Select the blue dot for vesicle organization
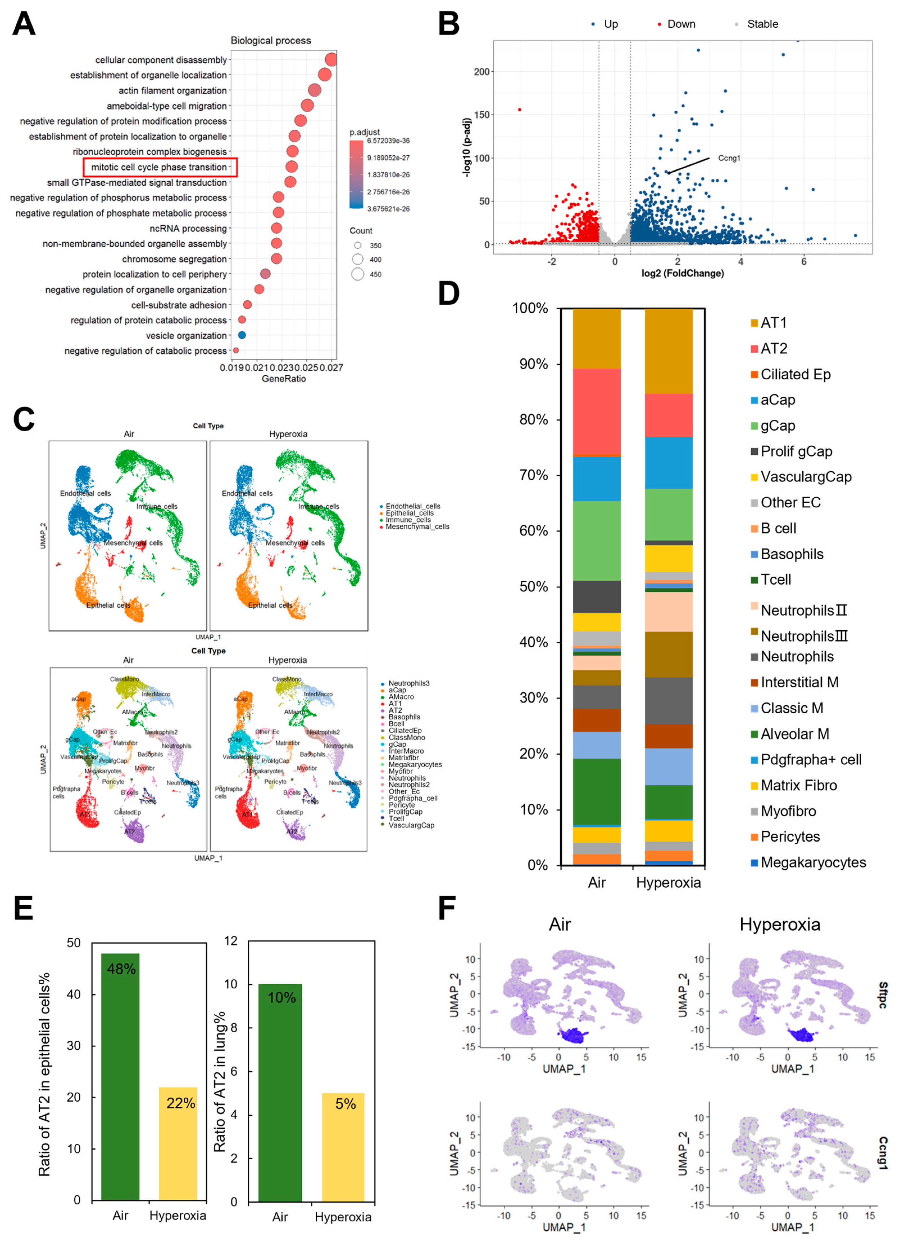(242, 335)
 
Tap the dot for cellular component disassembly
(331, 60)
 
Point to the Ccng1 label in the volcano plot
(729, 158)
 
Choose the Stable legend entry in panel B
(762, 24)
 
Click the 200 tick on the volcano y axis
(481, 72)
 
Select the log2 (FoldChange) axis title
(682, 273)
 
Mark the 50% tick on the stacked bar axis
(534, 587)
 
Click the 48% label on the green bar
(121, 969)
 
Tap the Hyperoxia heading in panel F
(780, 925)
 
